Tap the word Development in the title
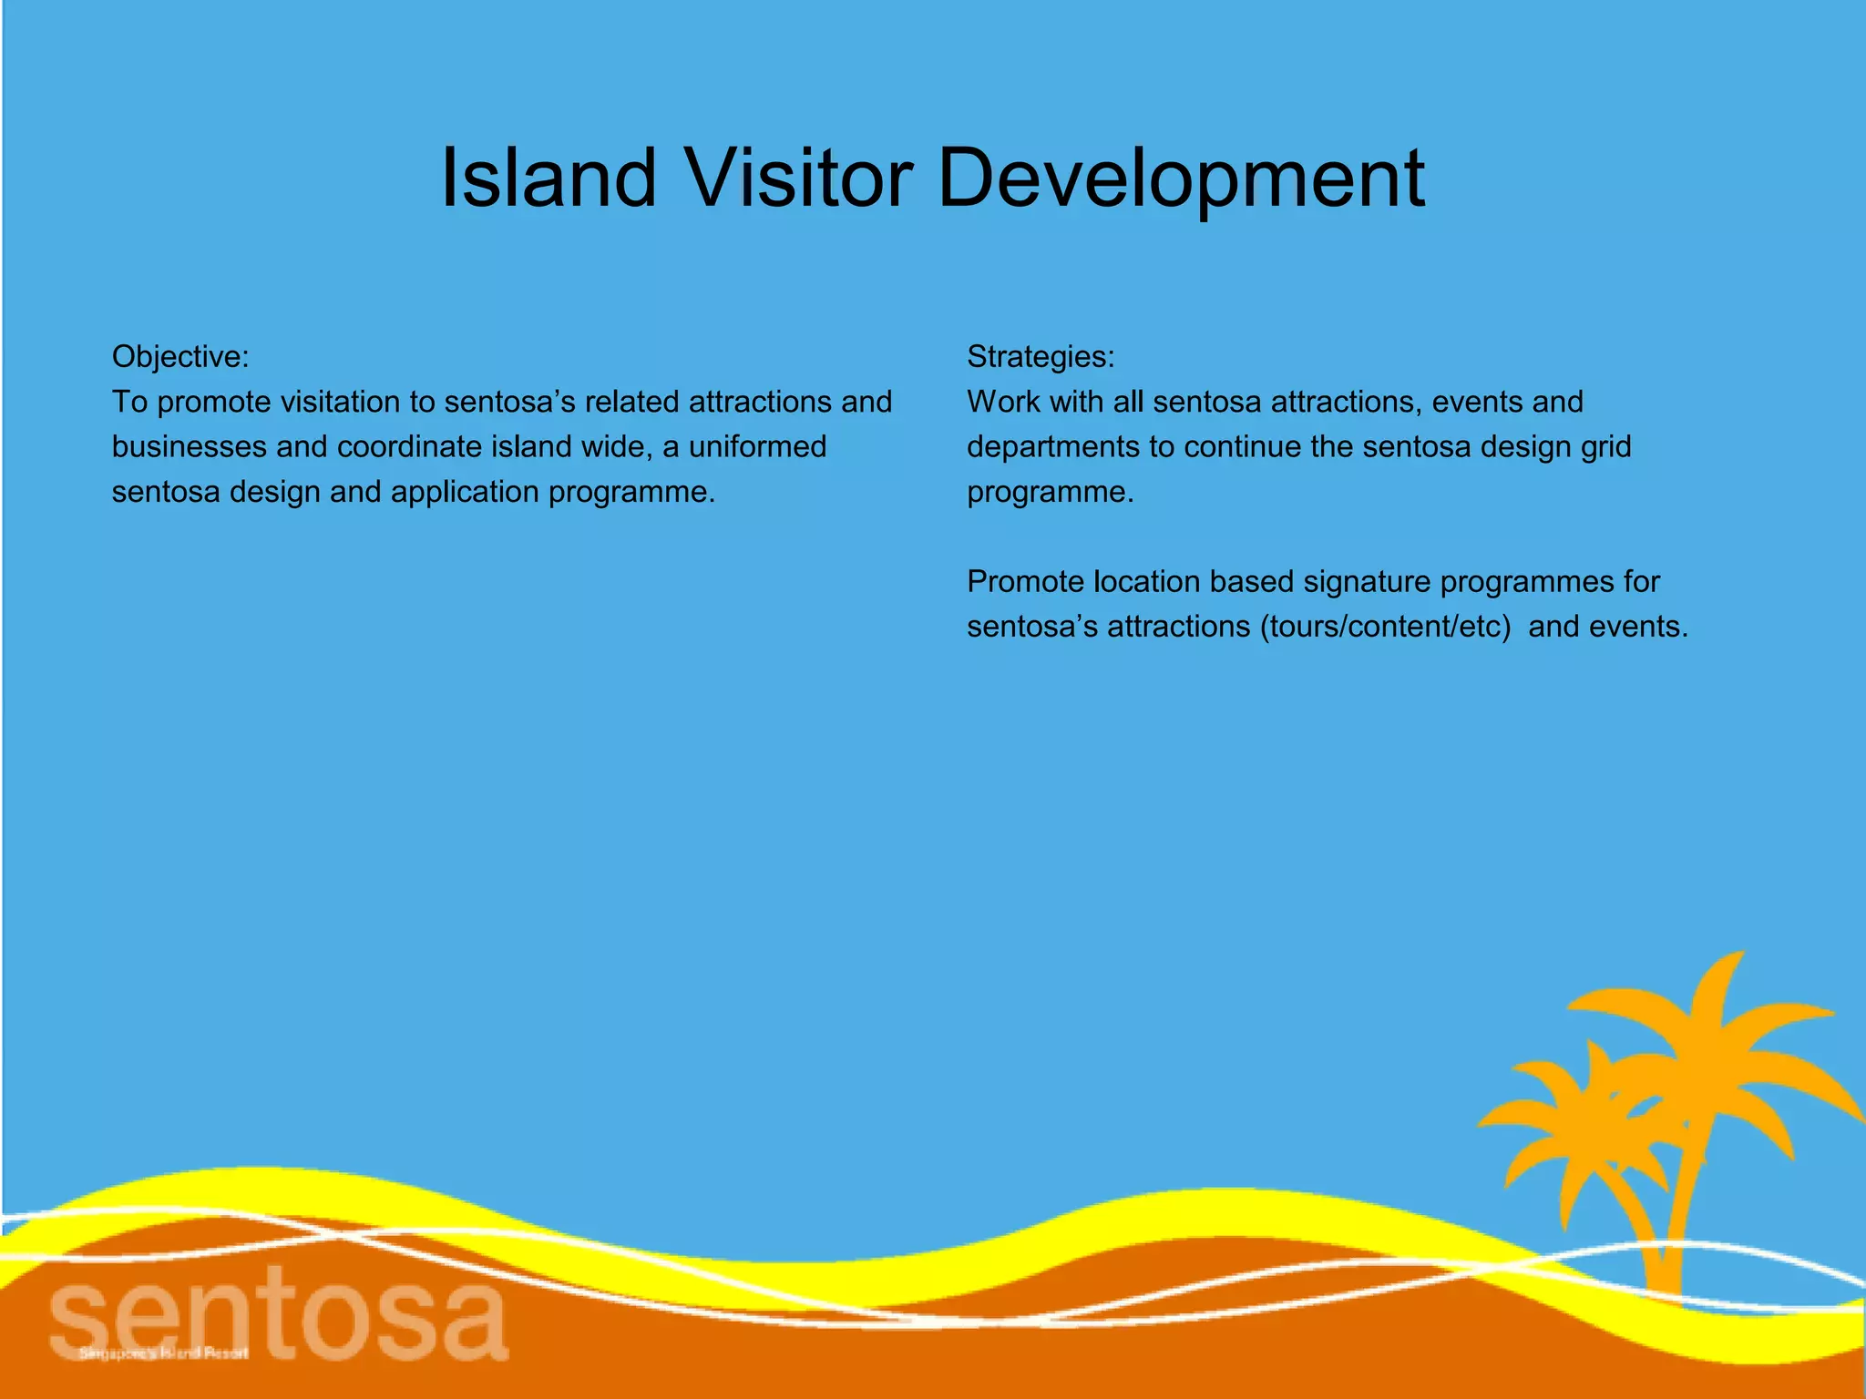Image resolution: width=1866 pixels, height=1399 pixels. (1180, 179)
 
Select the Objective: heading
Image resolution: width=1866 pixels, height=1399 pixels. (179, 356)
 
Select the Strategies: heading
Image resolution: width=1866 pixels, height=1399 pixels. (1041, 356)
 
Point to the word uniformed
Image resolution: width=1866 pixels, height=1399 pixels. (757, 446)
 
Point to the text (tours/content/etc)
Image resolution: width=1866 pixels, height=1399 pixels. (1385, 627)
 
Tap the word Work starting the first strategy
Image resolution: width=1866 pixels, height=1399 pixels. (1002, 402)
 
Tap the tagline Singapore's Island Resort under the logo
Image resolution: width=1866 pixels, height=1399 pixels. (163, 1353)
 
